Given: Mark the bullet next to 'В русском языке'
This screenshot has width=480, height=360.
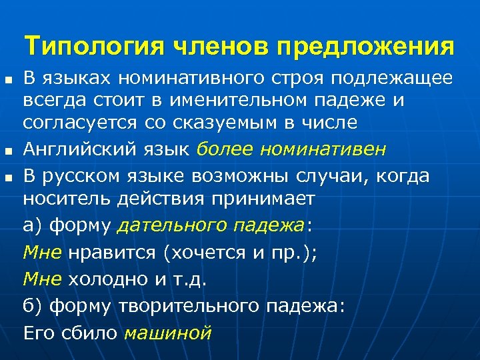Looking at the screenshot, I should (7, 177).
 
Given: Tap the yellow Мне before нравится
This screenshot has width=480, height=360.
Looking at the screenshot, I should (42, 253).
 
